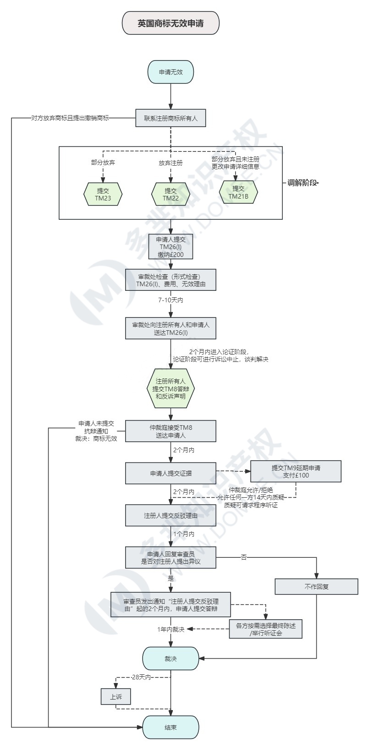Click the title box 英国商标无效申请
click(171, 23)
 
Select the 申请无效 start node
click(171, 72)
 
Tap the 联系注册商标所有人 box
click(171, 118)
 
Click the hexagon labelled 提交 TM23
click(103, 194)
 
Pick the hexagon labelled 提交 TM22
click(171, 194)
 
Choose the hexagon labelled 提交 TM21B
click(238, 193)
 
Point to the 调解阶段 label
click(303, 183)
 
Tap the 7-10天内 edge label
click(171, 300)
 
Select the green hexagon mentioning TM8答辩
click(171, 389)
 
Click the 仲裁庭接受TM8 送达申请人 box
click(171, 431)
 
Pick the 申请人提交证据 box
click(171, 473)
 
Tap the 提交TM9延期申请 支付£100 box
click(296, 472)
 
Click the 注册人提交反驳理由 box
click(171, 516)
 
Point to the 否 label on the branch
click(244, 557)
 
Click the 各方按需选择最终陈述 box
click(265, 629)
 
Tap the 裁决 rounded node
click(171, 659)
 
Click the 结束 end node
click(171, 728)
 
